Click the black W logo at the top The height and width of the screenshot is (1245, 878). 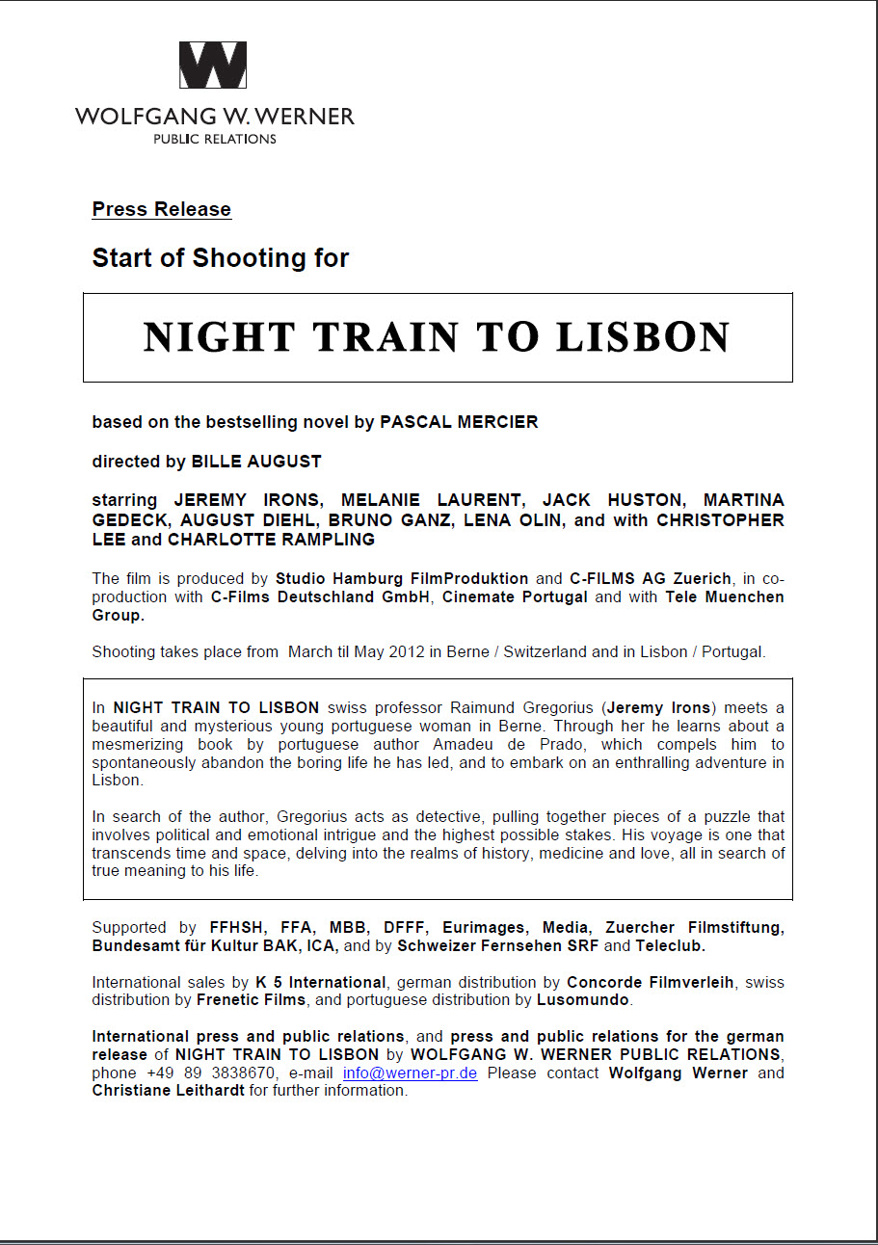(213, 66)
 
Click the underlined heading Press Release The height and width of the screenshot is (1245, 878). (161, 209)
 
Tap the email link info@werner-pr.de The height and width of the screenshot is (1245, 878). (411, 1073)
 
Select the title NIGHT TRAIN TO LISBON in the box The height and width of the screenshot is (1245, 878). (437, 336)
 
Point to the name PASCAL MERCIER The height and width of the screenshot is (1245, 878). (459, 422)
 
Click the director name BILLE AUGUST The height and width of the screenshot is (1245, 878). (256, 462)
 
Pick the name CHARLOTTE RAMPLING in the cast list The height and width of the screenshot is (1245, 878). (271, 540)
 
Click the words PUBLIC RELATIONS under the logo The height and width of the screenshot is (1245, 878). (215, 139)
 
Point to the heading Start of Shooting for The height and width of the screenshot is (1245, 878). (220, 258)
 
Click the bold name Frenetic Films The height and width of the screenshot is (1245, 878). (252, 1000)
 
